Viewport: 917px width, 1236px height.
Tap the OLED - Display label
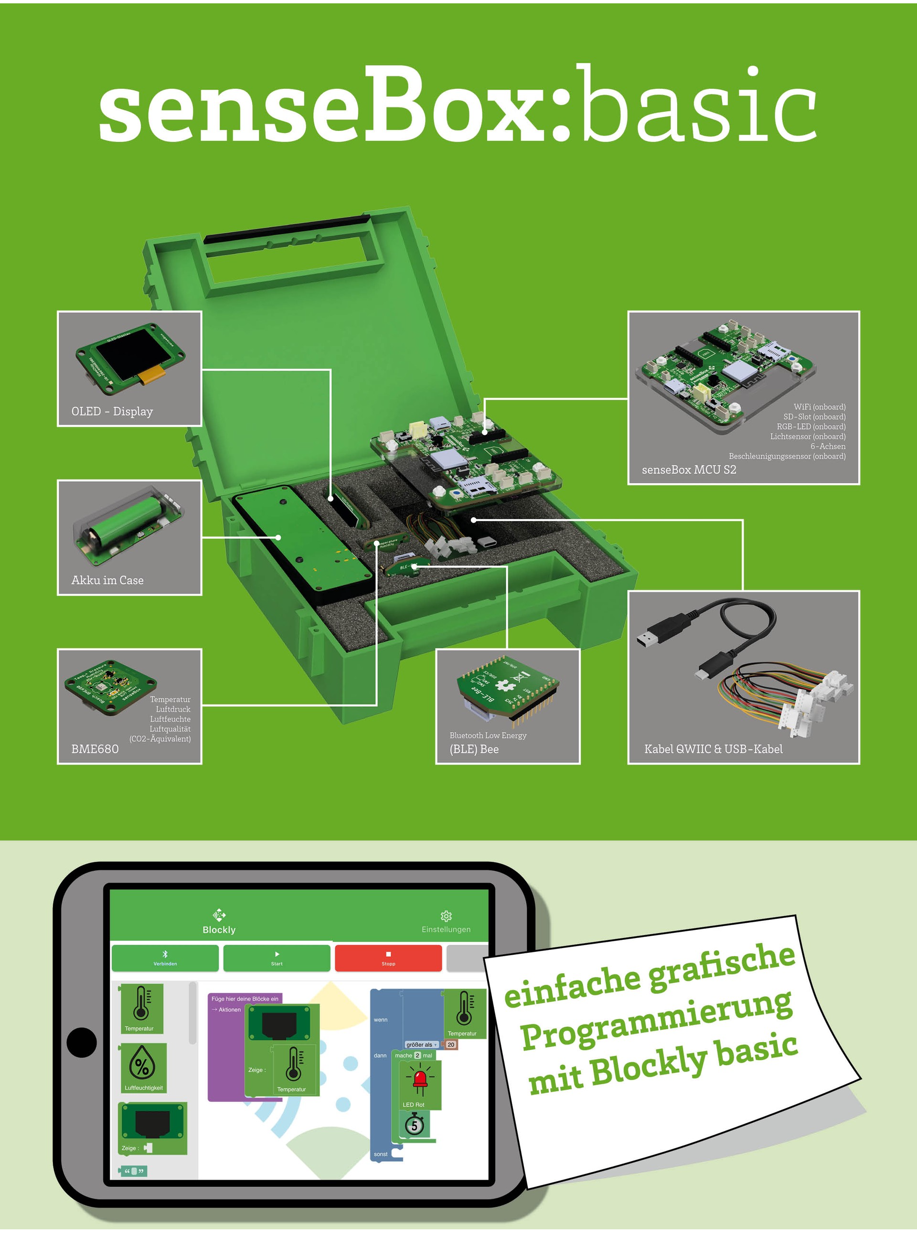pos(112,411)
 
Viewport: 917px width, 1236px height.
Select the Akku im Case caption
pos(107,580)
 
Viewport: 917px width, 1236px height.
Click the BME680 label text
pos(95,749)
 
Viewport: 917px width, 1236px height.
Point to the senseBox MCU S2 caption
pos(689,469)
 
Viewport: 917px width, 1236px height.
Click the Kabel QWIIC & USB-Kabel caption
pos(713,749)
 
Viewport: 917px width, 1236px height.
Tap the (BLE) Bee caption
pos(474,749)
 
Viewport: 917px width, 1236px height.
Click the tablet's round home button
pos(82,1042)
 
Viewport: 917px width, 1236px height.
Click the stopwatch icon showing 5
pos(414,1126)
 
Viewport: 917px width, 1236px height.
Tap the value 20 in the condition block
pos(451,1044)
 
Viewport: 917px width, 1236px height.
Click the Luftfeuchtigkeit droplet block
pos(143,1067)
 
